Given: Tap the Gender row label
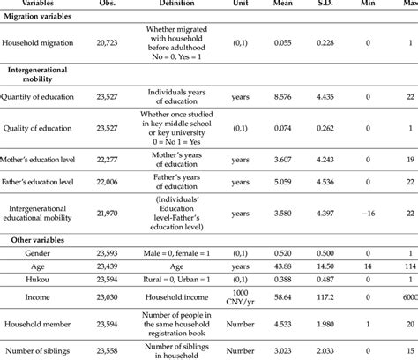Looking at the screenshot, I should (48, 253).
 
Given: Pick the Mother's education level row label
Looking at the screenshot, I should (48, 160).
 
